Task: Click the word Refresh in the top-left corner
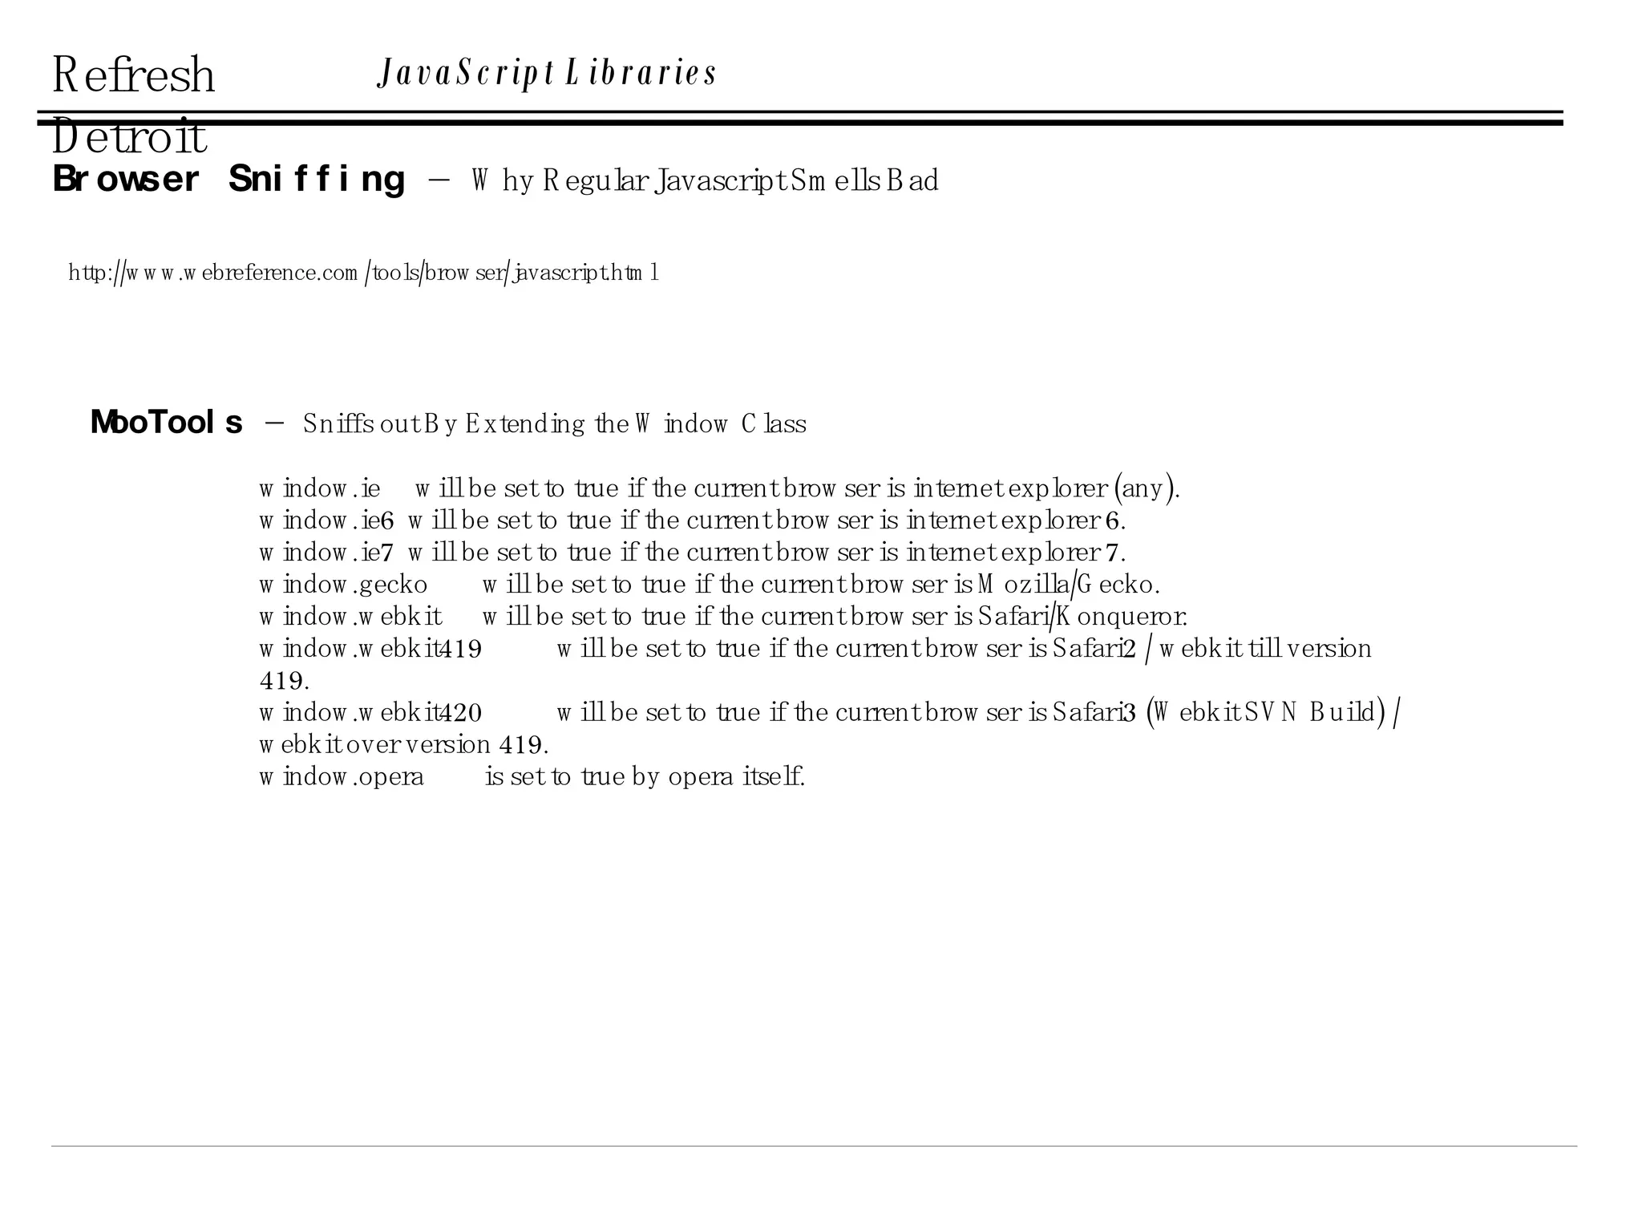click(x=133, y=75)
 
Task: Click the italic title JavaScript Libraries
click(x=547, y=73)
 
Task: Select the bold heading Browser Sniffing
click(x=229, y=179)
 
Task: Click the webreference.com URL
click(x=363, y=273)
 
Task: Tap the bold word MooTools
click(x=166, y=423)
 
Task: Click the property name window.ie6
click(x=326, y=521)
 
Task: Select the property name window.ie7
click(x=326, y=553)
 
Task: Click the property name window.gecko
click(x=343, y=585)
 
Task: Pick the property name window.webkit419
click(x=370, y=649)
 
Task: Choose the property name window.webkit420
click(x=370, y=713)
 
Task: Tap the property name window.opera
click(x=342, y=777)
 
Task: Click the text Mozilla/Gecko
click(x=1068, y=585)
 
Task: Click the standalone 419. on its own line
click(x=284, y=682)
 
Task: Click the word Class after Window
click(x=774, y=424)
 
